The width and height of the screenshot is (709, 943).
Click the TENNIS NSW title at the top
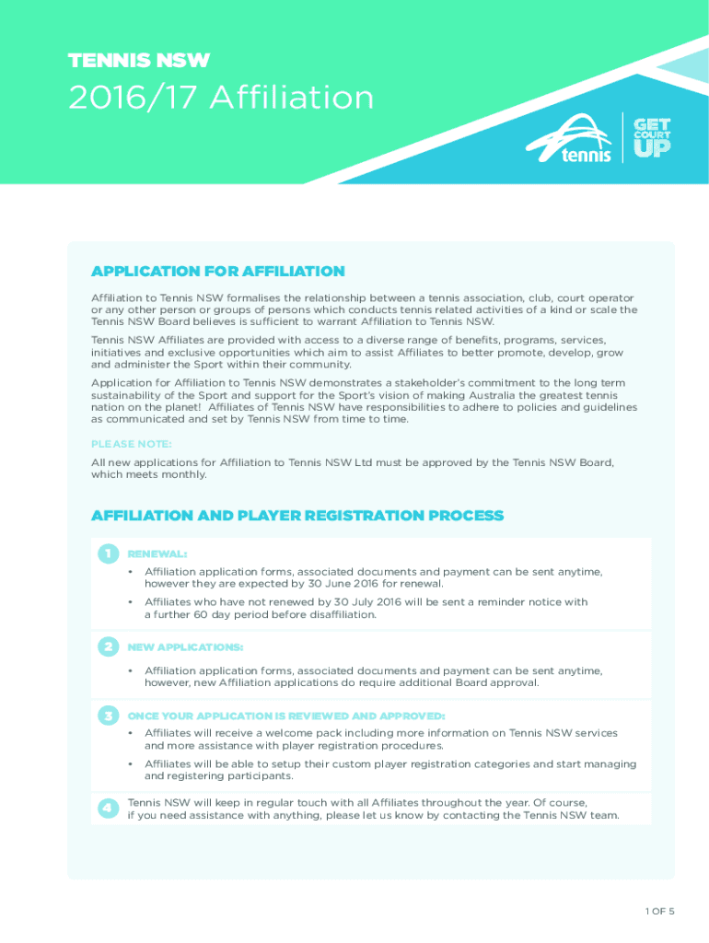[139, 62]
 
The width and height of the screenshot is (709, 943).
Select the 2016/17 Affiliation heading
[221, 98]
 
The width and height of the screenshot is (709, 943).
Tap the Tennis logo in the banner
[568, 139]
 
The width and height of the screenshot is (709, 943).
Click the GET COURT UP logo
[651, 138]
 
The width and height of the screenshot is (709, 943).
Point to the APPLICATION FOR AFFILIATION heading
[217, 272]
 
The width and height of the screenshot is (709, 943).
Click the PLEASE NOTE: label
[131, 444]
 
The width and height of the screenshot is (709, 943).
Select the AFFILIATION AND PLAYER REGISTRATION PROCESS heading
[296, 516]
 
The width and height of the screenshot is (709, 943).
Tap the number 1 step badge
[108, 553]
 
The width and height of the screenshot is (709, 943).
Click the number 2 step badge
[108, 647]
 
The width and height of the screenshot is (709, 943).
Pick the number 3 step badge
[108, 716]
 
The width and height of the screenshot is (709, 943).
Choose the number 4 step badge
[108, 808]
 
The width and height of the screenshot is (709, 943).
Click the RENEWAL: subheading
[157, 554]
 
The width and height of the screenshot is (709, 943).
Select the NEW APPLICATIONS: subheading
[185, 647]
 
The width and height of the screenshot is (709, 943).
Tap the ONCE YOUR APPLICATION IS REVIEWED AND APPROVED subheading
[285, 716]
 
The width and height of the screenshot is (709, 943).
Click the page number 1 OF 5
[659, 912]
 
